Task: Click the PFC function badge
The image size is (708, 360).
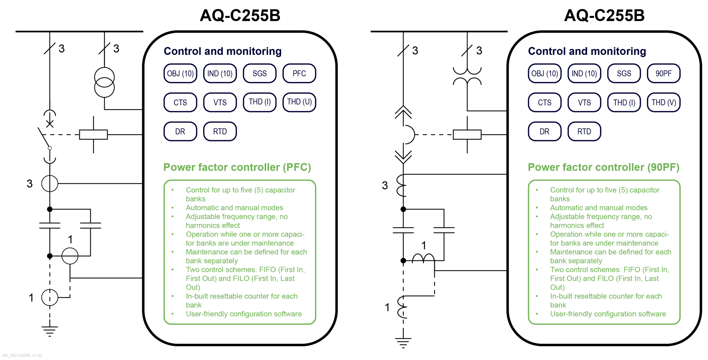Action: [299, 73]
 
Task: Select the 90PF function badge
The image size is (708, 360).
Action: [663, 73]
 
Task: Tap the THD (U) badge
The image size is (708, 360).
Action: [299, 102]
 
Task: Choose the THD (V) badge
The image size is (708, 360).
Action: [663, 102]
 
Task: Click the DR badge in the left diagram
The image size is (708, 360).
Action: [180, 131]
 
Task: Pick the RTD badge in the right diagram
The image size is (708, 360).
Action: [584, 131]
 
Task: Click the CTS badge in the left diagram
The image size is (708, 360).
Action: [180, 102]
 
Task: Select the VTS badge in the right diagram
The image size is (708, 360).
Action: [584, 102]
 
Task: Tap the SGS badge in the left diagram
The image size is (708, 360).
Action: [259, 73]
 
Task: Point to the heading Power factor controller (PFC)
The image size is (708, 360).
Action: [237, 167]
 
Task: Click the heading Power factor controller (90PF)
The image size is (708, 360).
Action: [603, 167]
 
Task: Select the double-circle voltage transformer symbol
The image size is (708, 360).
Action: [104, 82]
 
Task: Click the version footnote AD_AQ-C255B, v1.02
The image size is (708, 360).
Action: [22, 355]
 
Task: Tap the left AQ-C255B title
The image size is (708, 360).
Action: [240, 15]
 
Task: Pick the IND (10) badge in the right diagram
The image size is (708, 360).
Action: [584, 73]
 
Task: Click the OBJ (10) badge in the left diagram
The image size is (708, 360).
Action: [180, 73]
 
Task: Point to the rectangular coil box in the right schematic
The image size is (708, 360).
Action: [467, 134]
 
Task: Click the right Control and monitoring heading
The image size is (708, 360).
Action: [587, 51]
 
